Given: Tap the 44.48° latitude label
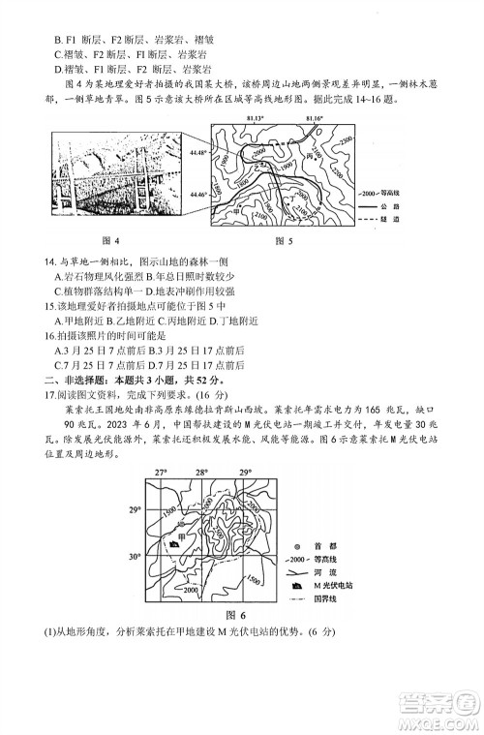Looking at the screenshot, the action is (x=199, y=153).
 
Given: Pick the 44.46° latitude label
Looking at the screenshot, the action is (x=199, y=195).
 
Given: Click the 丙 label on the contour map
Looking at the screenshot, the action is (x=312, y=156).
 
